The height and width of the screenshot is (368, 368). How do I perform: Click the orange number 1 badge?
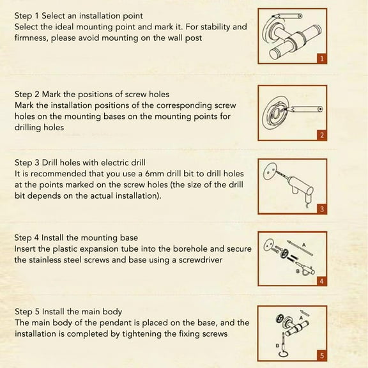pyautogui.click(x=321, y=58)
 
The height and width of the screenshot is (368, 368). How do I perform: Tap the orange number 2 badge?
pyautogui.click(x=321, y=135)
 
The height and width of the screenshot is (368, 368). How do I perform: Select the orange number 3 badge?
pyautogui.click(x=321, y=209)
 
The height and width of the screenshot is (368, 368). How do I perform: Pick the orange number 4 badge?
pyautogui.click(x=321, y=281)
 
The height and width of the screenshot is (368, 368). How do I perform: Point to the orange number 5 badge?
pyautogui.click(x=321, y=356)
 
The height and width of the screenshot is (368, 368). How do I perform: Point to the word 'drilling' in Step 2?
pyautogui.click(x=28, y=127)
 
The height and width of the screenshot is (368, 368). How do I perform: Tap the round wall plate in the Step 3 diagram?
pyautogui.click(x=270, y=171)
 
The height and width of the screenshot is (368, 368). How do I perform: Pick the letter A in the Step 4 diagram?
pyautogui.click(x=304, y=245)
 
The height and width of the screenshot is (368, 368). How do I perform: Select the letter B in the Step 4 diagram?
pyautogui.click(x=298, y=272)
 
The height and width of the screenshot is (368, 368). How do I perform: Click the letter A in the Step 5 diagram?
pyautogui.click(x=301, y=318)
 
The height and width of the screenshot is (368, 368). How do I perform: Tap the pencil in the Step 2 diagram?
pyautogui.click(x=303, y=109)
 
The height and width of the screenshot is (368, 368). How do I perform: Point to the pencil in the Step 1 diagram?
pyautogui.click(x=287, y=16)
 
